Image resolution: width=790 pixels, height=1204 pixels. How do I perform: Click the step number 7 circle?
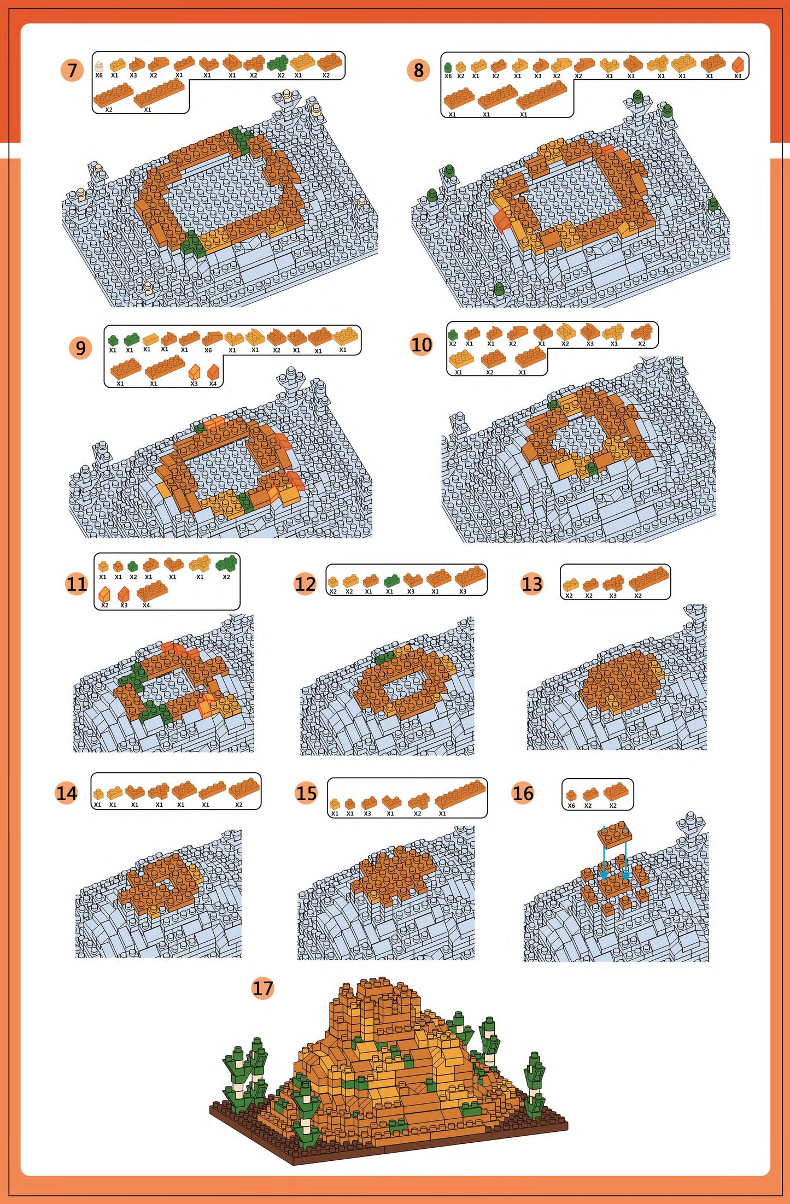[72, 71]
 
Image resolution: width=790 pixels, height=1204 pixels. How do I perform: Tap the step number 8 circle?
[418, 71]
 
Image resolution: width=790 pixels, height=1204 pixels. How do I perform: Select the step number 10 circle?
[421, 345]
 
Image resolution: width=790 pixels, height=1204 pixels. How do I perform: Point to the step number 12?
[305, 584]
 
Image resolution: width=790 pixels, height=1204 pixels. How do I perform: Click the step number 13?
[531, 584]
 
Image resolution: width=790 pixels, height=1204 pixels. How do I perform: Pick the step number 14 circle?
[67, 793]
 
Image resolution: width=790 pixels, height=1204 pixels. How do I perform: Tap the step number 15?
[306, 793]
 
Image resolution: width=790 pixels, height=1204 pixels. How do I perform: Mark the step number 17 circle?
[262, 988]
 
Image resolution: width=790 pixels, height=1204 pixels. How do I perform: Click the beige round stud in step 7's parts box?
[99, 66]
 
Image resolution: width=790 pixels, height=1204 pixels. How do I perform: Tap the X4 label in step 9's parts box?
[213, 384]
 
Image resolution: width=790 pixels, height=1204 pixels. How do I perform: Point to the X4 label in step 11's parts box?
[146, 605]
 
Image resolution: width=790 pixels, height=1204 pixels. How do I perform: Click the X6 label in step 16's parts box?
[571, 806]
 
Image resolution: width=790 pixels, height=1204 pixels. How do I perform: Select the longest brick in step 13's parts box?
[649, 578]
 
